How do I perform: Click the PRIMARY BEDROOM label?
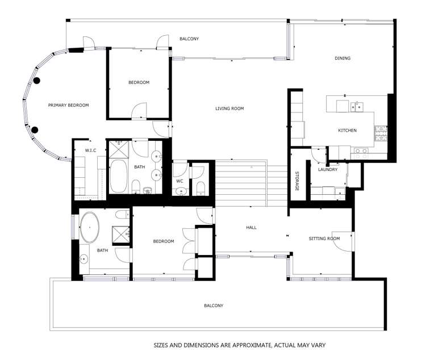68,105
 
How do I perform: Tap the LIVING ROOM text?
229,108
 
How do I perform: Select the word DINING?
343,58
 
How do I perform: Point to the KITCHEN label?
347,131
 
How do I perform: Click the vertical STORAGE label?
296,181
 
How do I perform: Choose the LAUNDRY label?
328,169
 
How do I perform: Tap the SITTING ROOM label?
324,238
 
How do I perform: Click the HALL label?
251,227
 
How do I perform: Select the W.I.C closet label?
91,150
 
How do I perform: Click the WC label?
179,181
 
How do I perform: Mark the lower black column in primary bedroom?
35,130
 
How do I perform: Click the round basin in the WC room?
181,191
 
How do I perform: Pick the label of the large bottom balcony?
214,305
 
